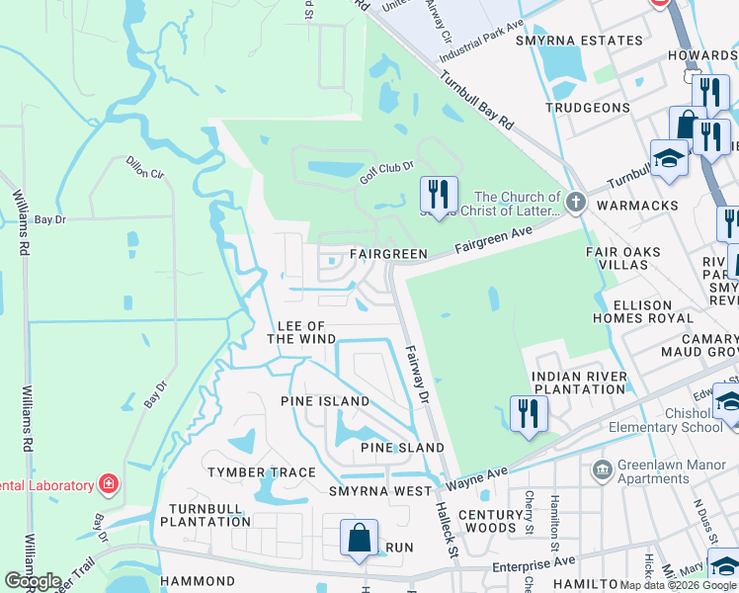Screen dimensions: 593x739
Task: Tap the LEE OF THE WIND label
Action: coord(301,332)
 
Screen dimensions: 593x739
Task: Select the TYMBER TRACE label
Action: coord(261,472)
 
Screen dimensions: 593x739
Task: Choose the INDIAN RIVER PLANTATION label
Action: coord(579,383)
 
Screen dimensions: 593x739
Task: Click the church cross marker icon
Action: coord(576,204)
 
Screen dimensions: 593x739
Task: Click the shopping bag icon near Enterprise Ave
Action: coord(360,539)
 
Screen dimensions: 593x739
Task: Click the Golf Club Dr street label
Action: coord(385,172)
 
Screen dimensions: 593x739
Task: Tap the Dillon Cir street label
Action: coord(144,166)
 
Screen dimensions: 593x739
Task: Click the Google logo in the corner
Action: coord(33,581)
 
